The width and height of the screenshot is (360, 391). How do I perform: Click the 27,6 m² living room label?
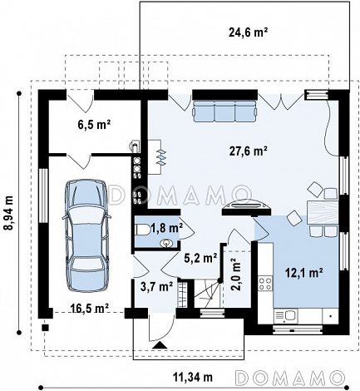[x=248, y=151]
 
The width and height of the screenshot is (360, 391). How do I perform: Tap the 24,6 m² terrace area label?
[x=248, y=32]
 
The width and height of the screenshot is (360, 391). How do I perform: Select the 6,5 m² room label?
[x=94, y=125]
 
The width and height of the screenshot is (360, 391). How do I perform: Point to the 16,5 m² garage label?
[x=89, y=308]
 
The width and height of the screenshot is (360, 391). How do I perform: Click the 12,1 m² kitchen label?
[x=304, y=274]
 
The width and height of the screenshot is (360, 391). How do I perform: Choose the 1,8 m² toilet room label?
[x=166, y=228]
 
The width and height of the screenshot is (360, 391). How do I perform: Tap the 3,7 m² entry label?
[x=156, y=287]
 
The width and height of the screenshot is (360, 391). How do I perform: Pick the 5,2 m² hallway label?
[x=200, y=258]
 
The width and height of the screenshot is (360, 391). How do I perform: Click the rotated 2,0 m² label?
[x=235, y=275]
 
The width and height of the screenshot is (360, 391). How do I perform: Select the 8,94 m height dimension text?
[x=8, y=213]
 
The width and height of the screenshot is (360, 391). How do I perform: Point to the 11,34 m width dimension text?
[x=193, y=377]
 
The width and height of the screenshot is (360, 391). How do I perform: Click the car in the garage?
[x=86, y=235]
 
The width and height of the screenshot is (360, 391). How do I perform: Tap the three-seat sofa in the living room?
[x=224, y=111]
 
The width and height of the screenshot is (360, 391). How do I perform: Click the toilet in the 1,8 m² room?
[x=142, y=230]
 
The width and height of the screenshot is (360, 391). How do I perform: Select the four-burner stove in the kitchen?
[x=265, y=283]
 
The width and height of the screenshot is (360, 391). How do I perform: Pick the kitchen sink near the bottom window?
[x=285, y=315]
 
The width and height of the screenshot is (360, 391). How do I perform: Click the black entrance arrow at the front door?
[x=160, y=345]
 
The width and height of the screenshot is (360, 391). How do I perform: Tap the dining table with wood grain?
[x=323, y=212]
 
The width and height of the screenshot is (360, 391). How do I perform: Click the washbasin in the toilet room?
[x=166, y=244]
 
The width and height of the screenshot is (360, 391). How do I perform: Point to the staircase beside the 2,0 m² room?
[x=207, y=294]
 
